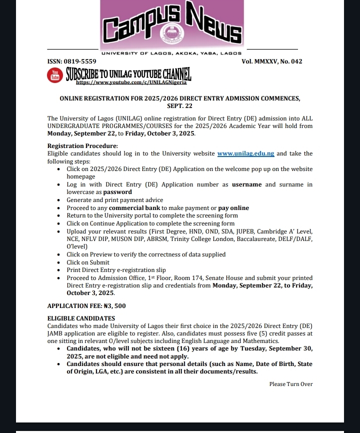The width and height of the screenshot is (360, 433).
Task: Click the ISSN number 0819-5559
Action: click(80, 61)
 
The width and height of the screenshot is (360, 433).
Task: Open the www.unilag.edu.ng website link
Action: click(245, 154)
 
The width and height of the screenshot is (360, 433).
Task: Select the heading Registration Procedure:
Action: click(75, 146)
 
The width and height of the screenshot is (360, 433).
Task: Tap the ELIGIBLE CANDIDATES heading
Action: click(81, 318)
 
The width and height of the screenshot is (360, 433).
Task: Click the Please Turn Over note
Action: click(290, 384)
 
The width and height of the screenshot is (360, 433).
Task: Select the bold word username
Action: click(246, 184)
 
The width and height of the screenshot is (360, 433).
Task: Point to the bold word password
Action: click(117, 192)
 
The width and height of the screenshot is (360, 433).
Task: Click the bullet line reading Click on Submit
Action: click(88, 262)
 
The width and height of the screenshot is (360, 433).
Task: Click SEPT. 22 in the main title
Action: click(179, 106)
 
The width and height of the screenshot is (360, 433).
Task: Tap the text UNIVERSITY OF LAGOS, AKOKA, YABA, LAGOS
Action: click(171, 53)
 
